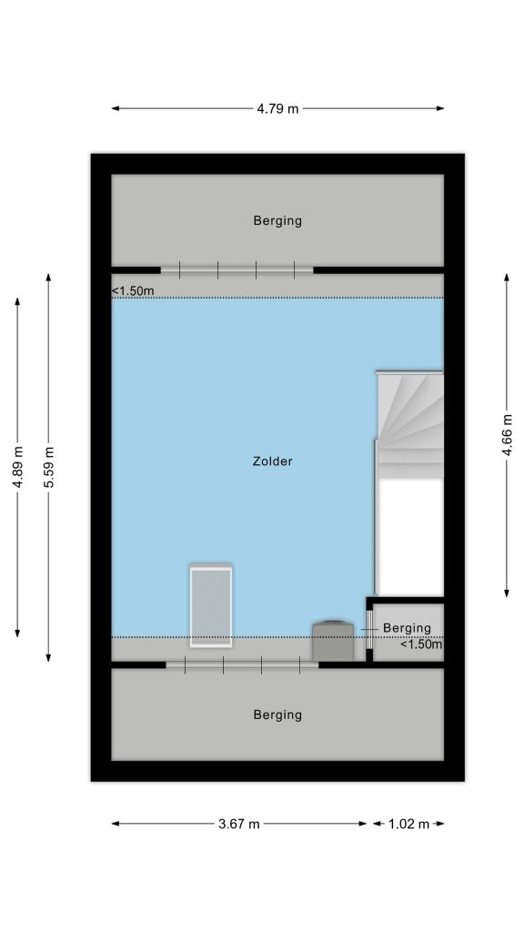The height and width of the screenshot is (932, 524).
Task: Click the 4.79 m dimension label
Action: coord(277,109)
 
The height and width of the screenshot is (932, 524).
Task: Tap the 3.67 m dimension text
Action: coord(239,824)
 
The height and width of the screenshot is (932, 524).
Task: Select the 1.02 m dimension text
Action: coord(408,824)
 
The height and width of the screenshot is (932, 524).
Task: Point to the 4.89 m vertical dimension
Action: coord(18,467)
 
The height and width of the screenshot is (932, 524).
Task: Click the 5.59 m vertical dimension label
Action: coord(49,467)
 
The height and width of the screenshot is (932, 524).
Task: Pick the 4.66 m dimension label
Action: coord(508,434)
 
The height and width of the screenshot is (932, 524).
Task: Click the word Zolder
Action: coord(273,461)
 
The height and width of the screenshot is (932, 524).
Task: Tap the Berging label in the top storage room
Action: coord(277,221)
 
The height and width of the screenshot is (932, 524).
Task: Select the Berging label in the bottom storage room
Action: coord(277,715)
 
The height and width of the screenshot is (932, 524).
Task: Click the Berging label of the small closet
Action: coord(407,628)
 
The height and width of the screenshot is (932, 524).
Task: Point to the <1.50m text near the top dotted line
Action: coord(133,291)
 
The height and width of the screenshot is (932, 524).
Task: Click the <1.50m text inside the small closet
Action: coord(421,643)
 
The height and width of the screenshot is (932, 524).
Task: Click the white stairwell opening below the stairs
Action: coord(411,537)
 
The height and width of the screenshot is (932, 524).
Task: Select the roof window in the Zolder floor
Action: coord(211,605)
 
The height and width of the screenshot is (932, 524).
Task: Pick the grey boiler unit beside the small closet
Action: coord(333,640)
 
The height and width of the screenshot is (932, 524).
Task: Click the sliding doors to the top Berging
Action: coord(237,270)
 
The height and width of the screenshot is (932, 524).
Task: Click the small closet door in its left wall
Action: coord(369,629)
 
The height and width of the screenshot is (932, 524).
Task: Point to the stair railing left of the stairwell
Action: coord(376,517)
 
